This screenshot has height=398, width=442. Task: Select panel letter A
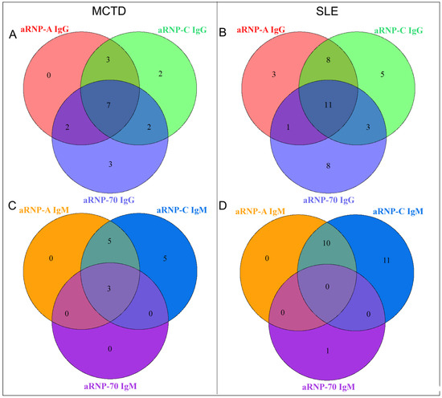[12, 35]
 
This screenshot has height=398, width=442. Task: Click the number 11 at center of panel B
[326, 105]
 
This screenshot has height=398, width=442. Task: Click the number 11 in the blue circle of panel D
[389, 260]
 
